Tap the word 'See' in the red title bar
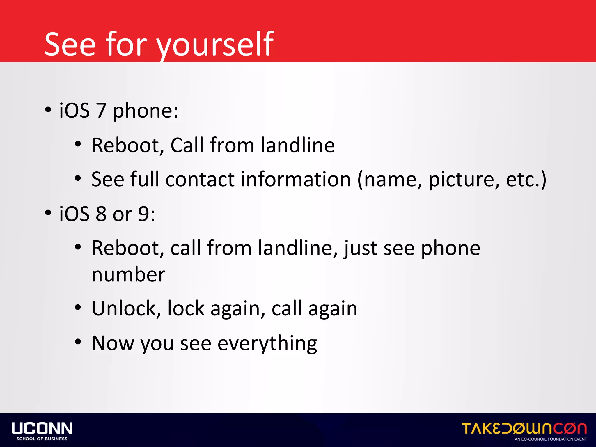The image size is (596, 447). (70, 44)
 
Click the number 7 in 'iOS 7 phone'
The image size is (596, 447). (101, 111)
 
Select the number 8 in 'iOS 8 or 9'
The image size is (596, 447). (101, 214)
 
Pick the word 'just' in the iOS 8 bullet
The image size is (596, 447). (360, 248)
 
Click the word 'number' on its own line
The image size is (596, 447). (128, 275)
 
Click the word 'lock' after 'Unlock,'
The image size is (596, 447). (186, 308)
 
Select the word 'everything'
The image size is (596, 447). (267, 344)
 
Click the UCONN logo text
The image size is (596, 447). (42, 428)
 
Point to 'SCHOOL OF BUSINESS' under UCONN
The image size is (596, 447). (42, 439)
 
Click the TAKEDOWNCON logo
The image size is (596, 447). (524, 428)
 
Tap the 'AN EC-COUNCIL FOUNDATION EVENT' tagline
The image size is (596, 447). (551, 439)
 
